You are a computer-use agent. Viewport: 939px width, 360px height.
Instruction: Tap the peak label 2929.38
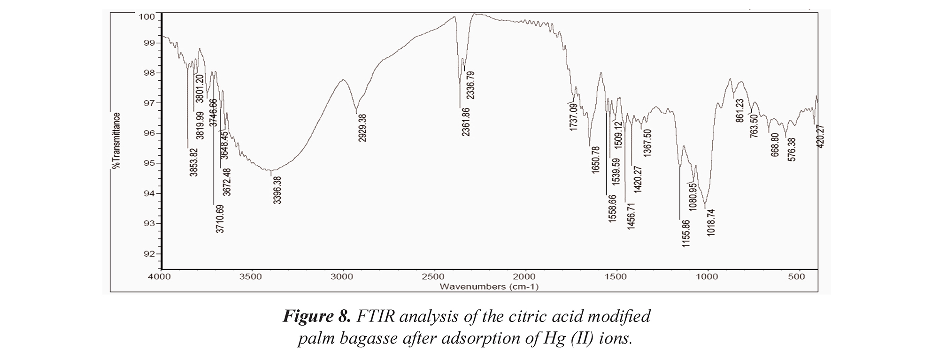coord(362,128)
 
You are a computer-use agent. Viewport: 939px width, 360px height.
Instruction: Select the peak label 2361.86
coord(466,122)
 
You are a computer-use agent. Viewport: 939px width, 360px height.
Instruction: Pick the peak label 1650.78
coord(596,160)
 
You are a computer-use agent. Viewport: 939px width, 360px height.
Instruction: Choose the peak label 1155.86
coord(686,234)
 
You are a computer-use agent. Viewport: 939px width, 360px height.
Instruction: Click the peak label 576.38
coord(792,149)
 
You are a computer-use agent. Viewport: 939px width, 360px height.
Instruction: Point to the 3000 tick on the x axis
coord(342,277)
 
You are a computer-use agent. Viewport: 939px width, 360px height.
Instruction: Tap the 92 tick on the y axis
coord(148,254)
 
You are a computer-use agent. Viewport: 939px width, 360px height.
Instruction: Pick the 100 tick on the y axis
coord(146,17)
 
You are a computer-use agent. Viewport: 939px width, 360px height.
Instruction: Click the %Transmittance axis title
coord(116,140)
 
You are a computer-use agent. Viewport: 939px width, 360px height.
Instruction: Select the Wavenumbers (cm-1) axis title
coord(489,286)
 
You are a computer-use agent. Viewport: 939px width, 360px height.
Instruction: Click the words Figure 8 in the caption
coord(316,316)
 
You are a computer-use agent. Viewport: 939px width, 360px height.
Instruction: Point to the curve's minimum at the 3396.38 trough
coord(271,170)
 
